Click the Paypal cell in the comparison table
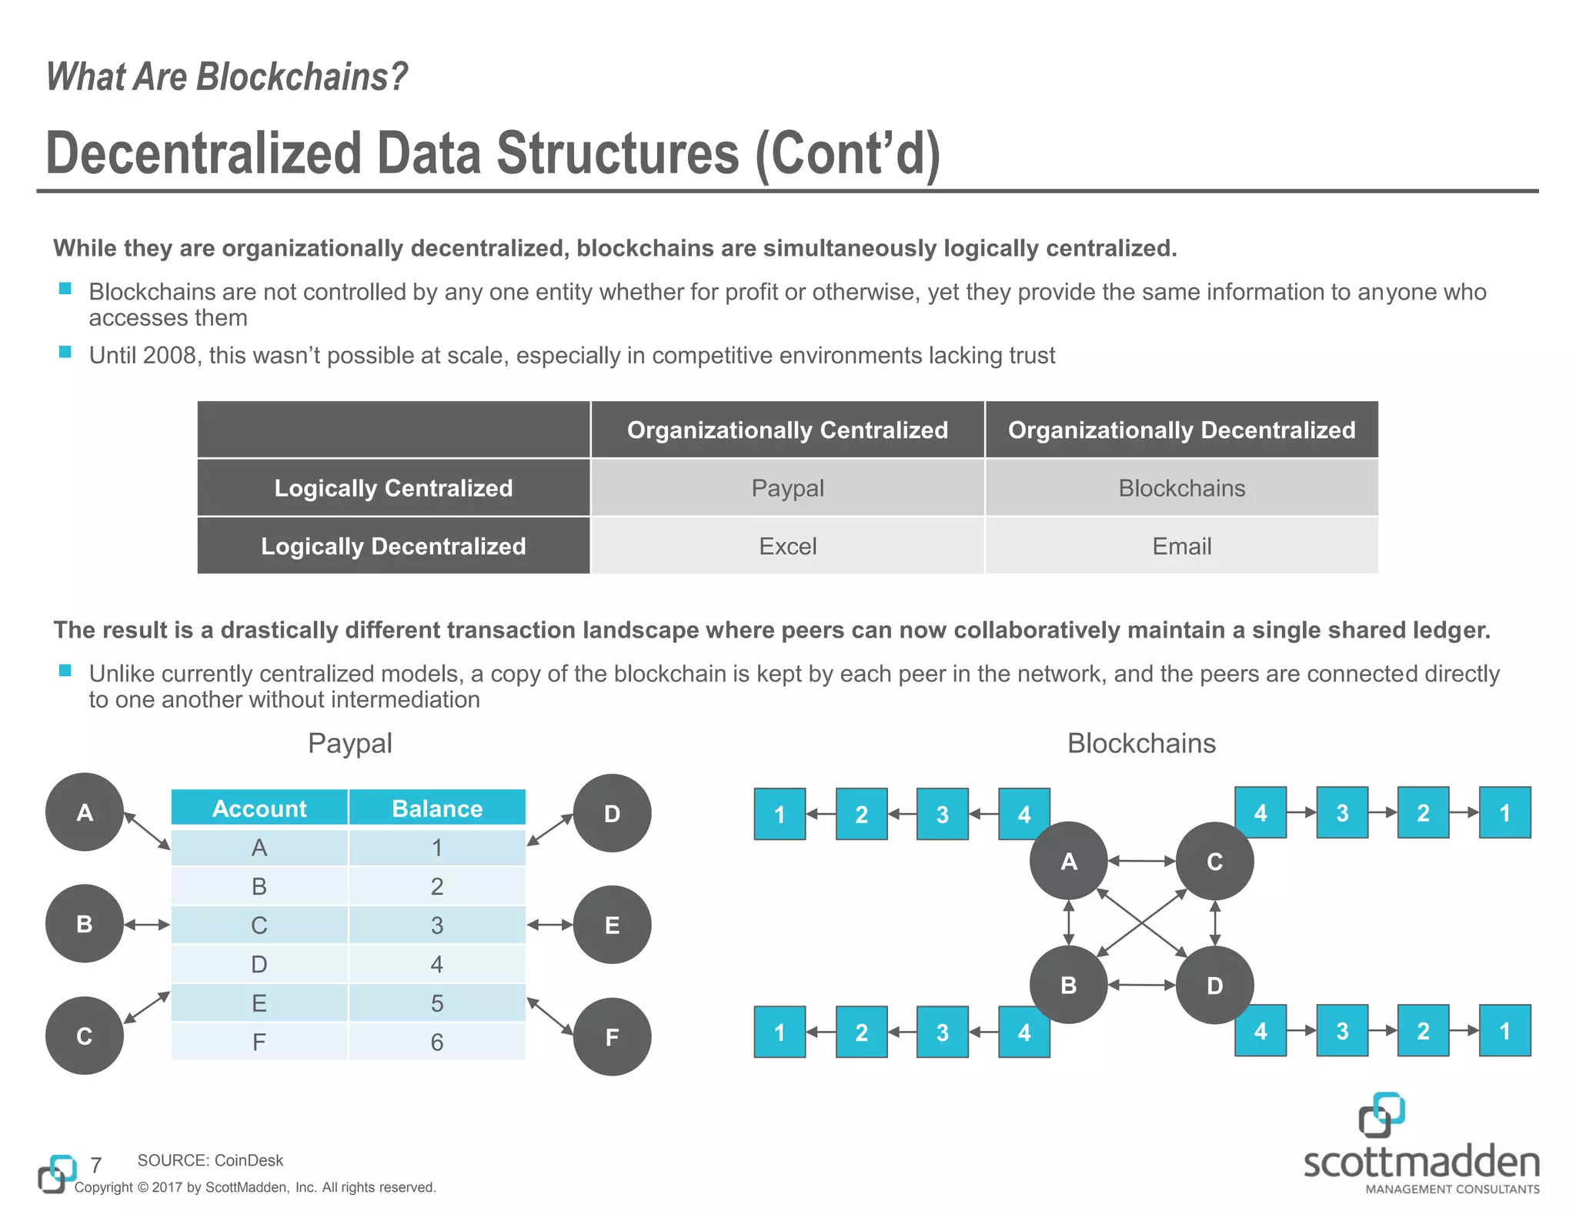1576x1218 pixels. [787, 488]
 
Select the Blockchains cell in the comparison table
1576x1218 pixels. [1181, 488]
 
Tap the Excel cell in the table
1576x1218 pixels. [787, 546]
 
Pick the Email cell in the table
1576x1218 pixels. [1181, 546]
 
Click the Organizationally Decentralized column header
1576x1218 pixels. [1181, 430]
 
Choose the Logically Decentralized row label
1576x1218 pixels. [393, 546]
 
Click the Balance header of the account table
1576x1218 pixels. [437, 808]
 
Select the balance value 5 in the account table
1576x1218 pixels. [437, 1003]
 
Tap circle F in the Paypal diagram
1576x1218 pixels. [613, 1037]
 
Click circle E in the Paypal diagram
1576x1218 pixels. [613, 925]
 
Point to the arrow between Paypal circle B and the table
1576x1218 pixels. [147, 925]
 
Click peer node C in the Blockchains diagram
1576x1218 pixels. [1214, 862]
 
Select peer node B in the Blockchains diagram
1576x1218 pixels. [1068, 985]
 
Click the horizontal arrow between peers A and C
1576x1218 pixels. [1141, 861]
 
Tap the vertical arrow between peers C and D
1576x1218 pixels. [1215, 923]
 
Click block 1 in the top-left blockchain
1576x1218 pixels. [780, 814]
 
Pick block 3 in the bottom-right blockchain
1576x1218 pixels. [1342, 1031]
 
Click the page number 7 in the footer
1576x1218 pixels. [96, 1165]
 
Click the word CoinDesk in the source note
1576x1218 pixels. [249, 1160]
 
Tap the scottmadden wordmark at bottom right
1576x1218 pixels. [1421, 1161]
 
